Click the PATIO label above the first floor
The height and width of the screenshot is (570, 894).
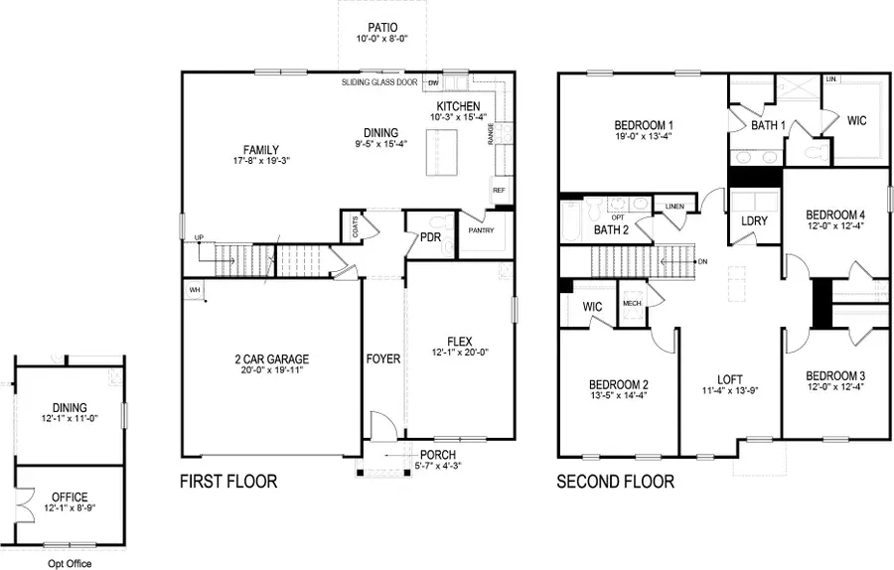[x=382, y=27]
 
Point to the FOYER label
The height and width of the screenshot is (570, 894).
[x=382, y=358]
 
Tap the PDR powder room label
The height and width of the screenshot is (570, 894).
[x=429, y=237]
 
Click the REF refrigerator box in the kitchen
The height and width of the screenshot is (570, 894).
[x=499, y=190]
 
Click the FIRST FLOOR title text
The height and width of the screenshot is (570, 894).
[x=227, y=483]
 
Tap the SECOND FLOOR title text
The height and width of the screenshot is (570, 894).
[x=615, y=483]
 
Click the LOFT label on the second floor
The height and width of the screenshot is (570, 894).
[x=730, y=379]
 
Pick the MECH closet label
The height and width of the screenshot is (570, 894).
[x=631, y=304]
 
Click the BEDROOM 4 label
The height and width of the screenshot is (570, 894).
[x=835, y=214]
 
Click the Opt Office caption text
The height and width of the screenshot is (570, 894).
[x=71, y=563]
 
